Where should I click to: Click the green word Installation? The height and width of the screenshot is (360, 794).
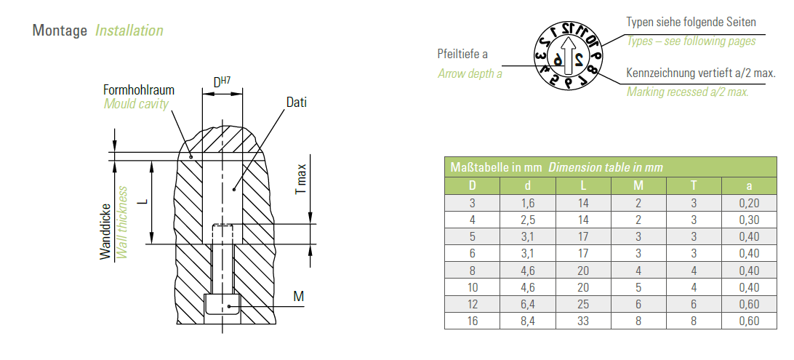tap(129, 31)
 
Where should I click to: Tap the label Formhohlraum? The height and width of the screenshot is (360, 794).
tap(139, 90)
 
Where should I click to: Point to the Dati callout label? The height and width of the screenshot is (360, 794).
tap(296, 103)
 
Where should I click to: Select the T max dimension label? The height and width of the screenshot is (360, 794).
tap(301, 179)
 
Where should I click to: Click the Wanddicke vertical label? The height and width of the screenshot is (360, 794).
tap(105, 231)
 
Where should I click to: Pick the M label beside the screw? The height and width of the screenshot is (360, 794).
tap(299, 296)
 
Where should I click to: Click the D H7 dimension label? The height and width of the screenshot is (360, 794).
tap(222, 81)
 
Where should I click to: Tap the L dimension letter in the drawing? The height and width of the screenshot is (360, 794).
tap(143, 201)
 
